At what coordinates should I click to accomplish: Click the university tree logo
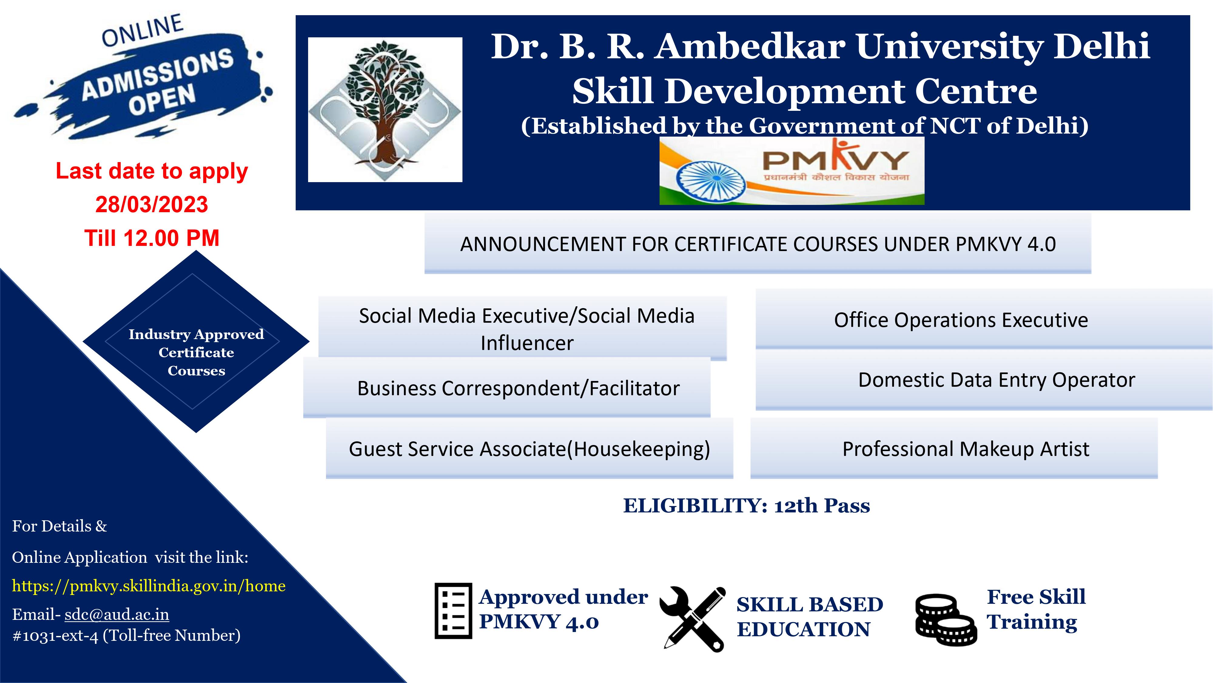click(385, 109)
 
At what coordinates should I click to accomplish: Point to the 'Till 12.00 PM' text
click(152, 238)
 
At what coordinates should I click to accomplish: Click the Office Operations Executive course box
click(984, 319)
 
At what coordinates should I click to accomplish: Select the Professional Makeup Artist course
click(954, 448)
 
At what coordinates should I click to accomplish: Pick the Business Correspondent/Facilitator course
click(507, 387)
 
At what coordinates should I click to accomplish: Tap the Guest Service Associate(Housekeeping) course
click(529, 448)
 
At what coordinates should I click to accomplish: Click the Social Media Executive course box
click(523, 328)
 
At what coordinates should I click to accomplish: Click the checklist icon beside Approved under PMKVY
click(453, 610)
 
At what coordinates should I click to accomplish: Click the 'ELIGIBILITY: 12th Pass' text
click(747, 506)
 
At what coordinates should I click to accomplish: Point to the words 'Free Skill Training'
click(1036, 609)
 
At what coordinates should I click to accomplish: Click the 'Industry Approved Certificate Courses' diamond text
click(197, 352)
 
